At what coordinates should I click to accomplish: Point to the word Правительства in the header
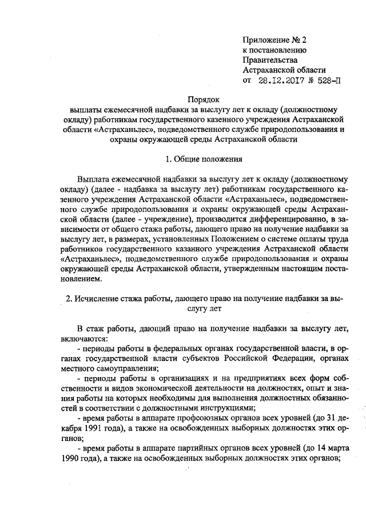pyautogui.click(x=270, y=61)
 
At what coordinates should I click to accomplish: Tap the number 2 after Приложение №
pyautogui.click(x=304, y=40)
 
